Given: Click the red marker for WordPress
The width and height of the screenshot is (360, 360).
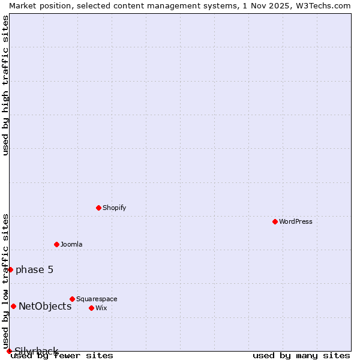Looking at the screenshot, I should click(x=275, y=221).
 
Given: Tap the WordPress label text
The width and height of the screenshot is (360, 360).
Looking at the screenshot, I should click(x=296, y=221).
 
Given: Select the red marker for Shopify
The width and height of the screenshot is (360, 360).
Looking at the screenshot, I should click(x=98, y=208).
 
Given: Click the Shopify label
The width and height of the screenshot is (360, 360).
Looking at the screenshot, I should click(x=115, y=208).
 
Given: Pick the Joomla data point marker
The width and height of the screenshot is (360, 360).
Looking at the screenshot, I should click(x=56, y=244).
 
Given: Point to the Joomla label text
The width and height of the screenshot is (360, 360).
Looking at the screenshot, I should click(x=71, y=244).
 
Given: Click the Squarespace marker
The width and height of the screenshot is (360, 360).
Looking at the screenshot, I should click(x=72, y=299).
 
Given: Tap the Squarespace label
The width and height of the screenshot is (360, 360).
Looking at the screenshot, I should click(x=97, y=299).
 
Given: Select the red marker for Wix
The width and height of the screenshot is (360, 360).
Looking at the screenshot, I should click(x=91, y=308).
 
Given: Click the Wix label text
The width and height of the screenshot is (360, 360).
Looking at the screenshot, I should click(x=101, y=308).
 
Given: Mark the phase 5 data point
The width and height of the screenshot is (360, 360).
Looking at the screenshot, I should click(x=10, y=269).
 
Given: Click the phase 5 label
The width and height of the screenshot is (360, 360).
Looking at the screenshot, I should click(x=35, y=269).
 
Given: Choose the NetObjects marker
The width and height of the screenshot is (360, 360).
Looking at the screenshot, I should click(x=13, y=306).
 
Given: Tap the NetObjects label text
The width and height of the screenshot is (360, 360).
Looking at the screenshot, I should click(x=45, y=306).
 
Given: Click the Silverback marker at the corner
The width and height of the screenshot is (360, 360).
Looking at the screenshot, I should click(x=9, y=351).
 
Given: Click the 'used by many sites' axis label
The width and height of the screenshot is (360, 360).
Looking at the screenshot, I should click(x=301, y=355).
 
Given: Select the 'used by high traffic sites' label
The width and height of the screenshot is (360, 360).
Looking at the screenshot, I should click(x=5, y=85).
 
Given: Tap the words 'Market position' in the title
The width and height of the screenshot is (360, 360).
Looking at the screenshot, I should click(x=37, y=5).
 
